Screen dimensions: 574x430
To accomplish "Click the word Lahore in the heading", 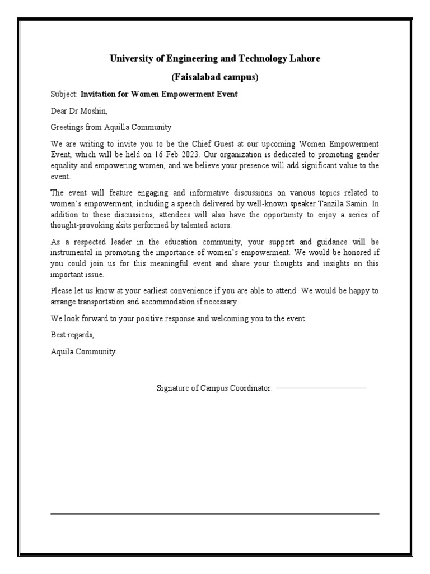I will (306, 59).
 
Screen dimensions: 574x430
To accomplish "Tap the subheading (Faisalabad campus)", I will (214, 77).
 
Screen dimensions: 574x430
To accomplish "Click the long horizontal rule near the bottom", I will (214, 513).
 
